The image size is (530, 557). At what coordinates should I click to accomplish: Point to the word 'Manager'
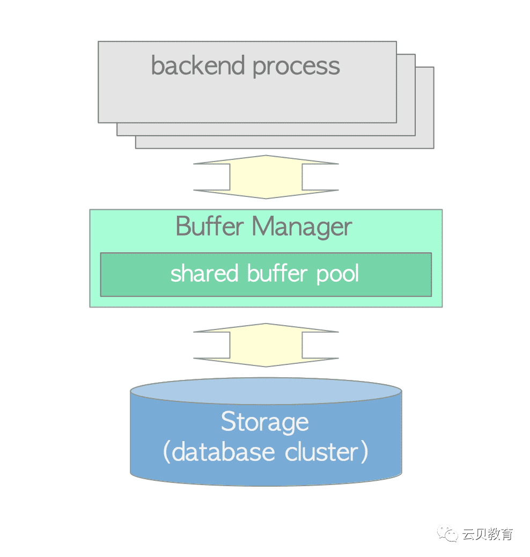(x=302, y=228)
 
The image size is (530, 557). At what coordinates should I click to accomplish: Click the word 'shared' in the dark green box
(x=205, y=274)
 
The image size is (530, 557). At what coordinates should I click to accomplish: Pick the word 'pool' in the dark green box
(x=337, y=275)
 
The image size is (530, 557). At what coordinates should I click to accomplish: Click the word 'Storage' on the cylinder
(x=265, y=422)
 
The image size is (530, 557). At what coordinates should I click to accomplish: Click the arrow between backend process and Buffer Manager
(x=266, y=177)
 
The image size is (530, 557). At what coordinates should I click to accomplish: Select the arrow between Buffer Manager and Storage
(x=266, y=345)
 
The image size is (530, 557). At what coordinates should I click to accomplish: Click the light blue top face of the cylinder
(x=266, y=389)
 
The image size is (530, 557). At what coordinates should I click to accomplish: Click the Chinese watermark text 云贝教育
(x=488, y=534)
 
